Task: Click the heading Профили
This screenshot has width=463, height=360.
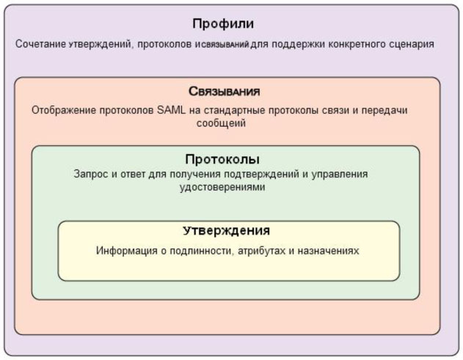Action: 223,24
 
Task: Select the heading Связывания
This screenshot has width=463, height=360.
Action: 224,92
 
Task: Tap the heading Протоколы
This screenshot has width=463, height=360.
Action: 222,159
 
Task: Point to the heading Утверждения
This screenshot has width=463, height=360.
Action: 226,231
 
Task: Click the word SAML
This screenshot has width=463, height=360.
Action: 171,110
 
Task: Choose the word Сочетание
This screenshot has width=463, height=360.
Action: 40,44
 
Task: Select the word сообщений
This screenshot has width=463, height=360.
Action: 221,123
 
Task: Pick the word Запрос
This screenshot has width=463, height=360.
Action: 91,174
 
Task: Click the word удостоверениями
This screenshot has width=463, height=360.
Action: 222,188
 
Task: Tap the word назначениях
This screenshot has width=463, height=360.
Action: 328,251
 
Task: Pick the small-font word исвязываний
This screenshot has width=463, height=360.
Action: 222,45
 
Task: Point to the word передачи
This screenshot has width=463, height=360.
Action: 384,111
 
